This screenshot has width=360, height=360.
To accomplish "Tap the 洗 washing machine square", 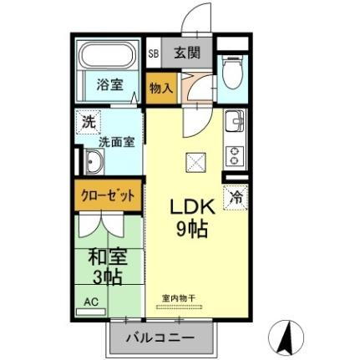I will point(88,122).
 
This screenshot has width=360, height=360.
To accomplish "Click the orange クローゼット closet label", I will point(108,196).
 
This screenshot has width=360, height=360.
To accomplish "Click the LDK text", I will point(194,206).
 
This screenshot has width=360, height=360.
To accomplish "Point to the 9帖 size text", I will point(193,228).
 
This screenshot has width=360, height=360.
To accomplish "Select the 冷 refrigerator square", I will point(237,199).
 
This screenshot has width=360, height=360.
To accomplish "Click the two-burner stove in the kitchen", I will point(233,155).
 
